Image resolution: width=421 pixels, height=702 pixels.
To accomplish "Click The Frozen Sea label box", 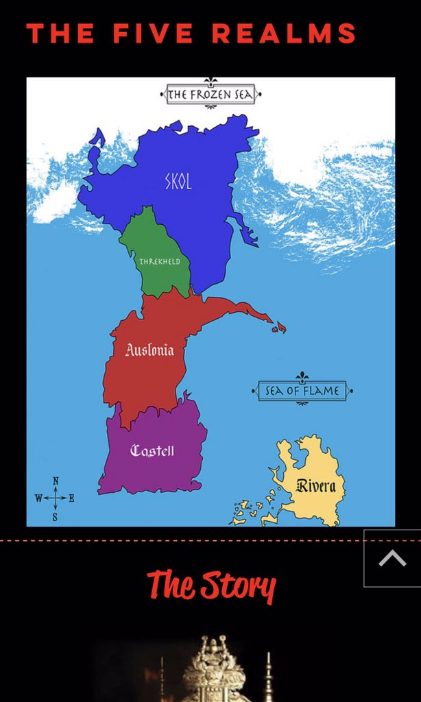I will (210, 95).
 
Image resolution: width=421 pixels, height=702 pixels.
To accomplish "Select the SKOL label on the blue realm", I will (178, 182).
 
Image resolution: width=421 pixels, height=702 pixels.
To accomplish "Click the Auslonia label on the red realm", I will (149, 350).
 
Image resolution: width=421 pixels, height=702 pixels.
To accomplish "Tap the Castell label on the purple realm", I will (152, 450).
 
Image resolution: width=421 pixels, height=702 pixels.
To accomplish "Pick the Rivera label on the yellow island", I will (316, 486).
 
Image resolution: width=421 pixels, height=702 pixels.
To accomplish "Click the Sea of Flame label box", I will (302, 391).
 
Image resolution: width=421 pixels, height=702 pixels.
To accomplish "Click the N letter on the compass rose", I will (56, 481).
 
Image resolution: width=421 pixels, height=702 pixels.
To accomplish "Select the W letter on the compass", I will (38, 498).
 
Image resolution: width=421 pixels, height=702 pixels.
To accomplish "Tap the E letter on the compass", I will (71, 498).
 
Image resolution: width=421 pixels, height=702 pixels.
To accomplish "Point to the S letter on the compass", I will (55, 518).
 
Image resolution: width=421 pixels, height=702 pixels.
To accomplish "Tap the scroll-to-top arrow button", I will (392, 559).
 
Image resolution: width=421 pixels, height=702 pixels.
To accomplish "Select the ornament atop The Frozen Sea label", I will (210, 82).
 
